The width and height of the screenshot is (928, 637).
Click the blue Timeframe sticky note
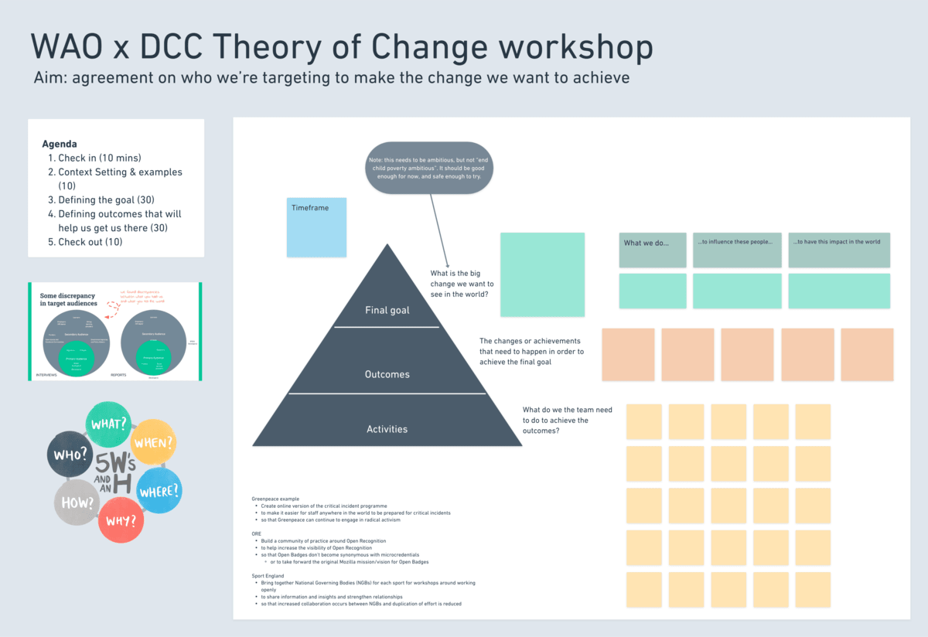(x=316, y=227)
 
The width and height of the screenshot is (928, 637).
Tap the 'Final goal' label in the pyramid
(x=387, y=311)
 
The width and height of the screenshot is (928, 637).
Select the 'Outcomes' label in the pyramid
(x=387, y=375)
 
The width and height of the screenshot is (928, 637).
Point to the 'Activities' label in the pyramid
(x=387, y=429)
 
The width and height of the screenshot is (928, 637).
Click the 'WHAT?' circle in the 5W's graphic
(x=108, y=424)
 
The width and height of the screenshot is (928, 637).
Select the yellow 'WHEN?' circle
(x=154, y=443)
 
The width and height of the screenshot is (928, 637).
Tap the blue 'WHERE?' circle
(x=159, y=490)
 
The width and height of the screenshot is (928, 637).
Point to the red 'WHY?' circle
(x=121, y=519)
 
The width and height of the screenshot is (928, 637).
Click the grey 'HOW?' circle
(x=77, y=502)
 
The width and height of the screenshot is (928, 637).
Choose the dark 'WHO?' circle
(x=69, y=455)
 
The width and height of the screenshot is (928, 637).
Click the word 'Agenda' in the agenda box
(x=60, y=144)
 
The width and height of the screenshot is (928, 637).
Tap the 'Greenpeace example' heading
(x=275, y=499)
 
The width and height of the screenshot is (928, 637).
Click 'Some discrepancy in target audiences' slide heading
(x=69, y=298)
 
